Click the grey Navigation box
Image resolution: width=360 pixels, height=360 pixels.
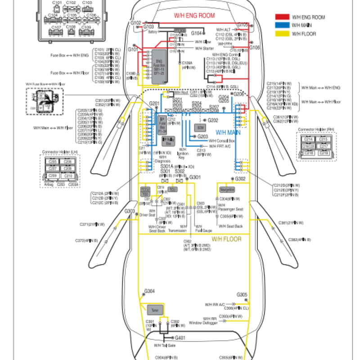(227, 189)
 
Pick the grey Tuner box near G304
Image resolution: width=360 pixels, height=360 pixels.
(155, 310)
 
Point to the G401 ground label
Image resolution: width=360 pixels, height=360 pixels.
(180, 337)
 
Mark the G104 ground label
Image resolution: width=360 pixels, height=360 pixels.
(197, 33)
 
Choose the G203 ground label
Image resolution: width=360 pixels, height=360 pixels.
(202, 136)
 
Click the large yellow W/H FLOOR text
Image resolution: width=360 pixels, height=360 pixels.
(227, 239)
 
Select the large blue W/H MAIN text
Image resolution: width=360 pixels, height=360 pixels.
(228, 132)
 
